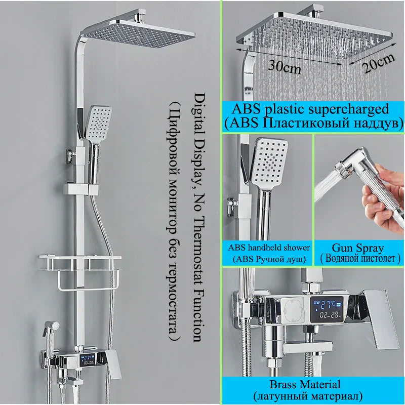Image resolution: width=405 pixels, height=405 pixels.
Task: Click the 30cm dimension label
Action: (x=284, y=67)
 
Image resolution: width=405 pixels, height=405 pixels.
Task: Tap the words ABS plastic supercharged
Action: (x=309, y=108)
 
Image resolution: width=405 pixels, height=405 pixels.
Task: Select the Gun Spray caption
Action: (x=358, y=248)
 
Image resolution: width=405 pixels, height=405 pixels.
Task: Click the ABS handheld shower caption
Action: (x=269, y=248)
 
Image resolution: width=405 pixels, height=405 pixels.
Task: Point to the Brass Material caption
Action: (x=312, y=384)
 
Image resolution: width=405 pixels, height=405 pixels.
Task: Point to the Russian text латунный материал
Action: (x=312, y=395)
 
